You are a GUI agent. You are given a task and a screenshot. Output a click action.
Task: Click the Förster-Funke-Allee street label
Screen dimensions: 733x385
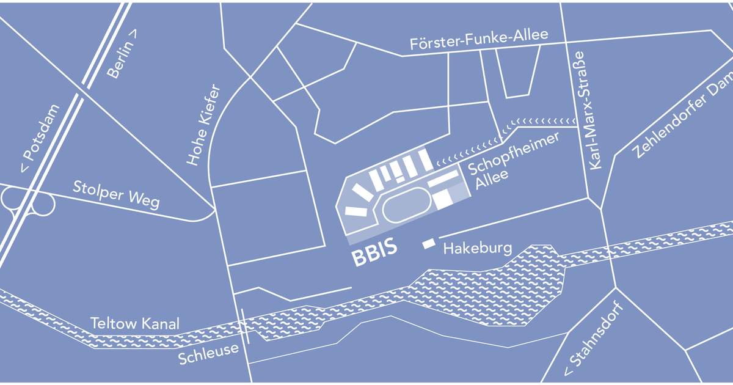click(x=479, y=39)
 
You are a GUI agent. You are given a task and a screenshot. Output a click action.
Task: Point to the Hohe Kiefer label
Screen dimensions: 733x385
click(x=203, y=125)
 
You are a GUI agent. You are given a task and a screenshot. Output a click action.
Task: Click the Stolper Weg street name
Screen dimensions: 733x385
click(x=116, y=195)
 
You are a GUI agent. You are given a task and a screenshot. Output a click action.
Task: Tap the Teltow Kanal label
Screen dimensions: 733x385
click(x=135, y=323)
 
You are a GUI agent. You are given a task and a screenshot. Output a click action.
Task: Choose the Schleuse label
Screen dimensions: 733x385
click(x=208, y=354)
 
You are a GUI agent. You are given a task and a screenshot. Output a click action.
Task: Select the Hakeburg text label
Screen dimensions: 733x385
click(x=478, y=248)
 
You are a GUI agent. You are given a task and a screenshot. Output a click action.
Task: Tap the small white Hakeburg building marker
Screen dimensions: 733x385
click(x=429, y=244)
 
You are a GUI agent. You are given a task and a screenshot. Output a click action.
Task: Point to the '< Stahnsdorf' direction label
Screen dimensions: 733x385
click(x=593, y=339)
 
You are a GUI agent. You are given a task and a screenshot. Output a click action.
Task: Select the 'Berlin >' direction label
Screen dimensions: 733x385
click(x=122, y=54)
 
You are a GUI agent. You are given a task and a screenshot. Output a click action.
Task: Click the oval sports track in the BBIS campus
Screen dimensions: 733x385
click(x=406, y=205)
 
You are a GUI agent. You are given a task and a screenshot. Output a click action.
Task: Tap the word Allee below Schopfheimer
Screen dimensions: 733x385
click(x=492, y=179)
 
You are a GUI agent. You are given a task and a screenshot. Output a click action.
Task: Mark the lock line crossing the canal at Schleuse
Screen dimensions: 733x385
click(x=245, y=326)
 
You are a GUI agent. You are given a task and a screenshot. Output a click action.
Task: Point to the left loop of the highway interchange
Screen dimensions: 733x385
click(x=13, y=198)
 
